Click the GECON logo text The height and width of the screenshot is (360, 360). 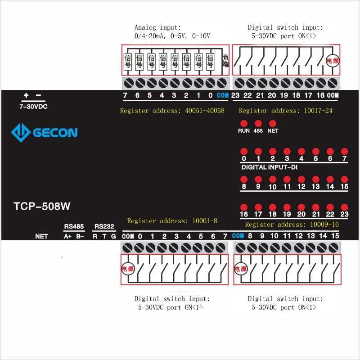point(55,132)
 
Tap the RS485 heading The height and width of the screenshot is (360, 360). point(74,226)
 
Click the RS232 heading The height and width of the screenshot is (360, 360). point(104,226)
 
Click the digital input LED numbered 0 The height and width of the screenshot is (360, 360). point(244,151)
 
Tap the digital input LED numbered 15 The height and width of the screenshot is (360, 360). point(344,179)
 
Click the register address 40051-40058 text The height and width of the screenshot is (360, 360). point(172,111)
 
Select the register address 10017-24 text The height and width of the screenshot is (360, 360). point(286,111)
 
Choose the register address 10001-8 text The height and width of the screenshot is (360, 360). point(172,221)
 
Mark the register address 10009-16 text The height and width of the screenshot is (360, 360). point(292,225)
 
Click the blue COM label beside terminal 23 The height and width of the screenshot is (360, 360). point(223,95)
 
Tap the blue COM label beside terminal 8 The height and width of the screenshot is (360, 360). point(238,236)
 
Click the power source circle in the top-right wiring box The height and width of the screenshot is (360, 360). point(332,61)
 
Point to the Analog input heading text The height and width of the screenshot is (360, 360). point(157,27)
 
